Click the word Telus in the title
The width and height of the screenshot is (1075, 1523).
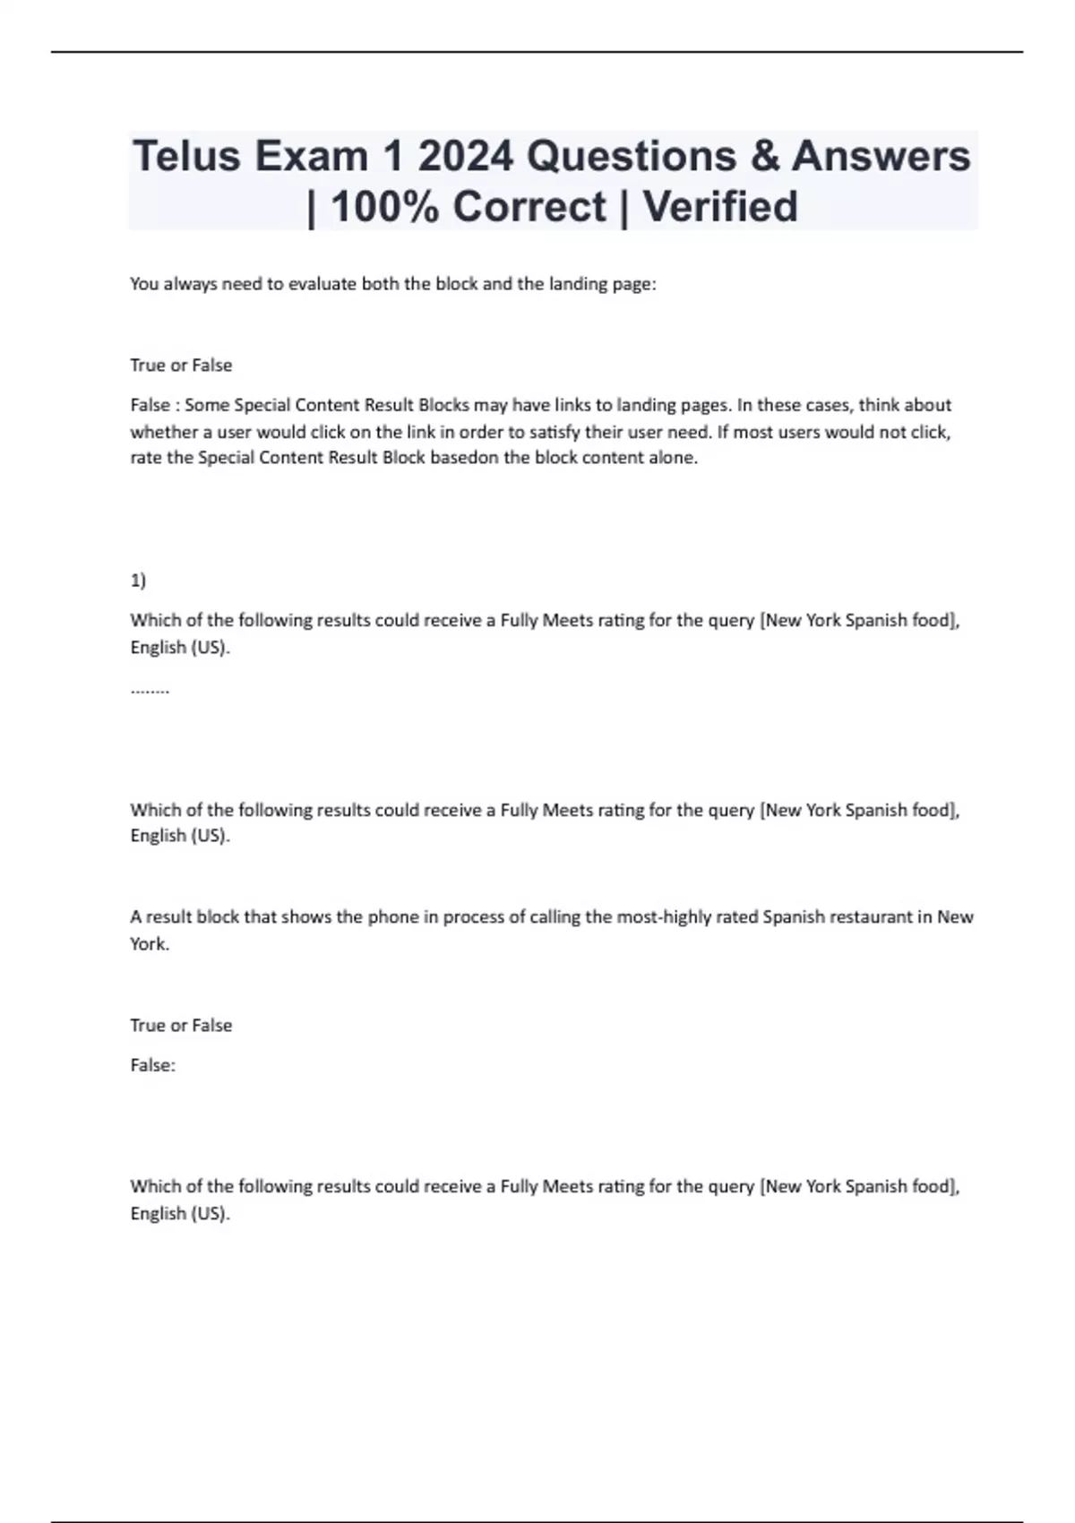187,156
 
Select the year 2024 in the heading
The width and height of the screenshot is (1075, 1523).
465,156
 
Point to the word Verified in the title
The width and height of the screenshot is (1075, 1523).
720,207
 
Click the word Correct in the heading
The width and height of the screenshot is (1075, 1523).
529,207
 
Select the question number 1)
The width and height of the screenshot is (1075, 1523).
138,581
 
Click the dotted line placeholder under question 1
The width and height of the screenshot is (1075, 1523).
150,690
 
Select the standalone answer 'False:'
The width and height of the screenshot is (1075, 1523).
152,1065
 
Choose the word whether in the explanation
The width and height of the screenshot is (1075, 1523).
159,432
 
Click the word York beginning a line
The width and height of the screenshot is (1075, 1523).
149,943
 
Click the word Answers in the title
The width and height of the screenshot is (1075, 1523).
881,156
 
